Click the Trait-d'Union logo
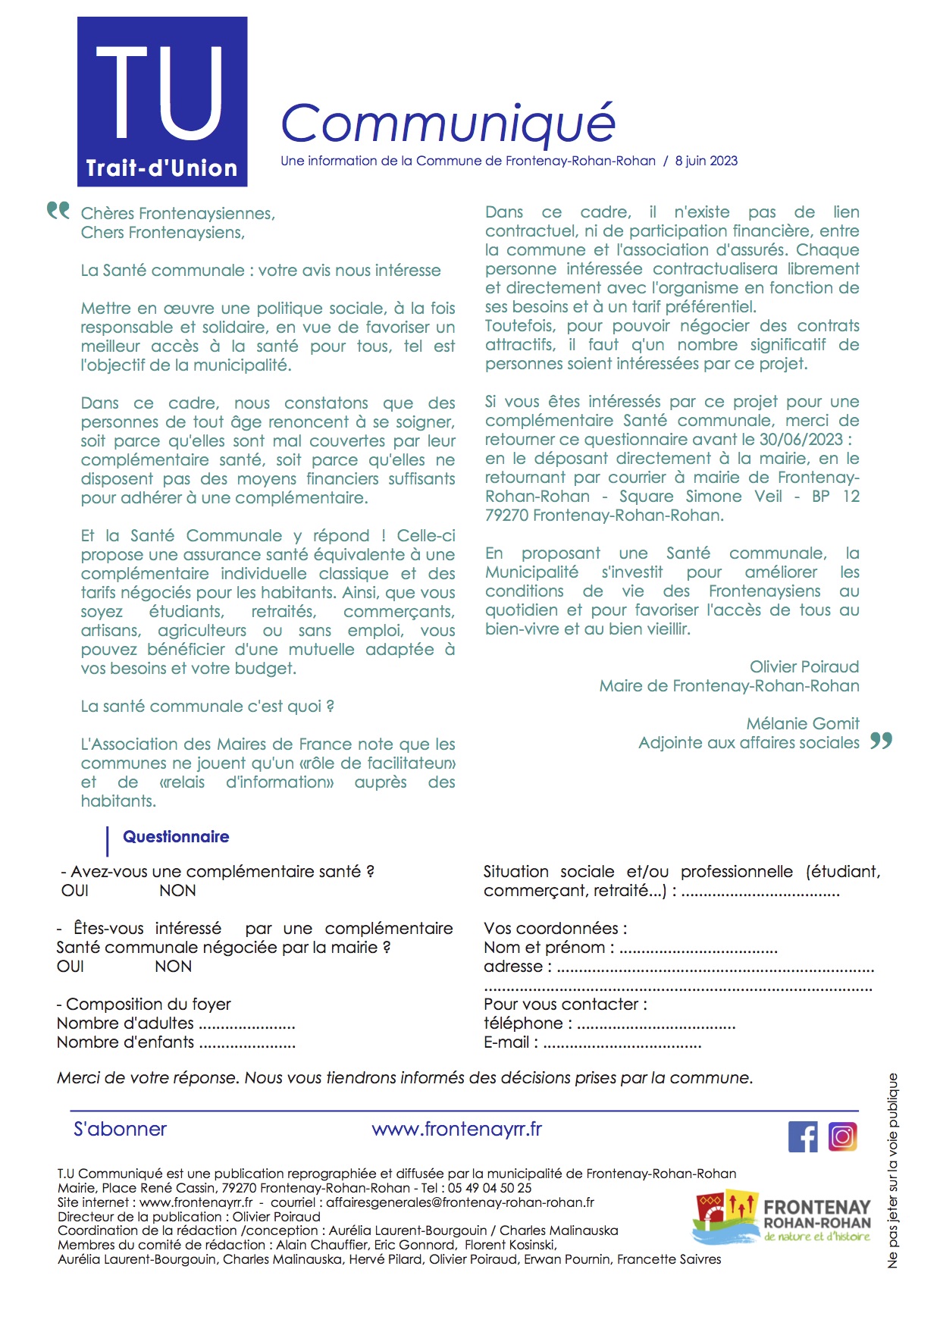pos(162,102)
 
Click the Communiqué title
pos(447,123)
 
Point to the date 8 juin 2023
pos(706,161)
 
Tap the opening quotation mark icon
pos(58,210)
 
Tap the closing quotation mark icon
pos(881,740)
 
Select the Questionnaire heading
pos(176,837)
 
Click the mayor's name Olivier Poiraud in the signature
pos(804,667)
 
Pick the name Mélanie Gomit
pos(802,724)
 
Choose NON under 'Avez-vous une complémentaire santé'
pos(177,891)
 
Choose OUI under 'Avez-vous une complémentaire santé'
pos(75,891)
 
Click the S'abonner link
pos(120,1130)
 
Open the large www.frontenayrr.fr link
pos(456,1130)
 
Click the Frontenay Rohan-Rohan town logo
pos(782,1219)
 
